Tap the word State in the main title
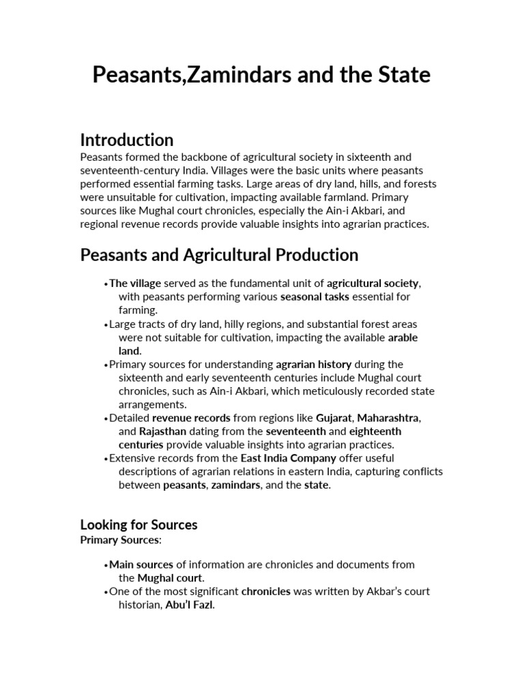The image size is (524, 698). [x=401, y=74]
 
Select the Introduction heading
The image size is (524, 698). [x=127, y=140]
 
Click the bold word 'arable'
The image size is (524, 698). [x=403, y=337]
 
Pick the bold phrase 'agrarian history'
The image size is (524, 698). [x=313, y=364]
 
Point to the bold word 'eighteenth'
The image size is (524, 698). [x=375, y=431]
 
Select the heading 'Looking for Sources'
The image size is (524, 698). [x=139, y=524]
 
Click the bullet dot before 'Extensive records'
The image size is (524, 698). [x=106, y=459]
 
